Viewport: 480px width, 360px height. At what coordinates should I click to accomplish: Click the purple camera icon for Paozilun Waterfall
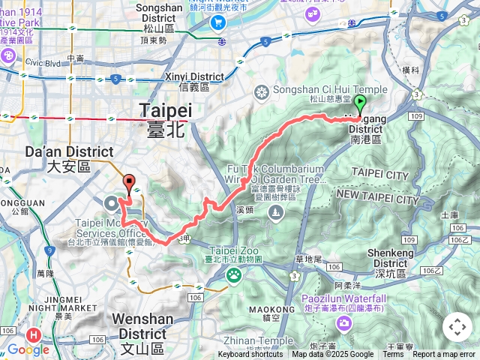point(344,323)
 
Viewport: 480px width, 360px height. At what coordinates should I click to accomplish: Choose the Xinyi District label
point(194,76)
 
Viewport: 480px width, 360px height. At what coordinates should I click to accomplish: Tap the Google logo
point(28,349)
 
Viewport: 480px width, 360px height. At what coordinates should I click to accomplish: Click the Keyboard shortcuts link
point(250,355)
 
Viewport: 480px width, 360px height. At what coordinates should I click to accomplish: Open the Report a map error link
point(444,355)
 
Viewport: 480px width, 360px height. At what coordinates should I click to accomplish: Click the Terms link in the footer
point(393,355)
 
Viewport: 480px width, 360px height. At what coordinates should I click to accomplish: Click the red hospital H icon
point(33,335)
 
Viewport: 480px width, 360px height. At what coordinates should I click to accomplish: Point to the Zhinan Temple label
point(262,340)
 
